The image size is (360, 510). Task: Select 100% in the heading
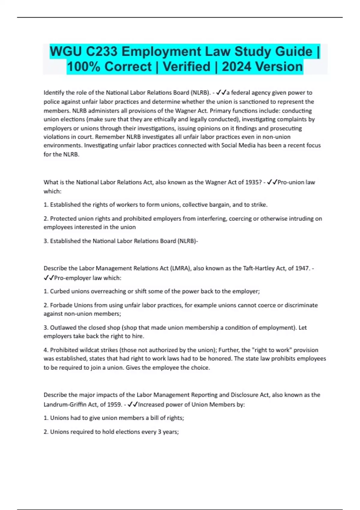click(83, 67)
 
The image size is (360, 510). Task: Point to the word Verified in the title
click(186, 67)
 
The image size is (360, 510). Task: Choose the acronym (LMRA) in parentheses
click(180, 268)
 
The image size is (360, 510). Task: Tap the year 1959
click(114, 405)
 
